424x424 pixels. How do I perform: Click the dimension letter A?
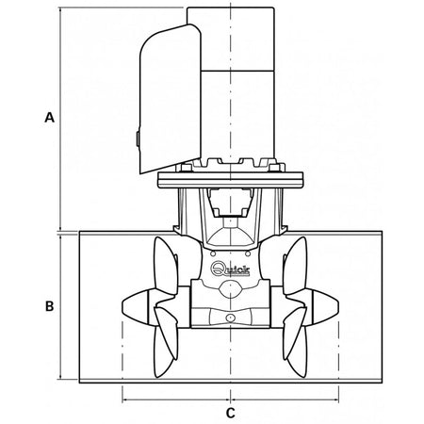(x=50, y=118)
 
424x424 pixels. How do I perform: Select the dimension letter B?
(x=50, y=306)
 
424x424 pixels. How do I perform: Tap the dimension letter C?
(x=230, y=412)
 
